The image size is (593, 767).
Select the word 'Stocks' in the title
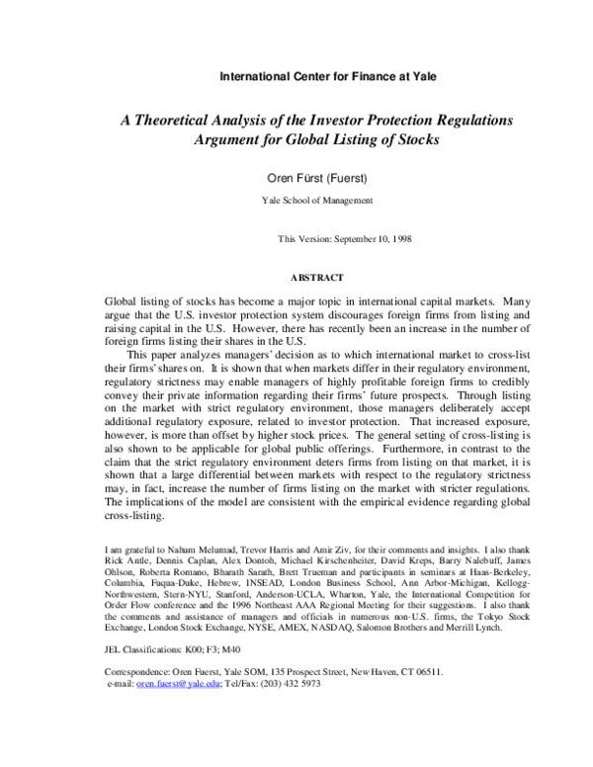tap(413, 139)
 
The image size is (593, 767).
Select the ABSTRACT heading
tap(316, 278)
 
